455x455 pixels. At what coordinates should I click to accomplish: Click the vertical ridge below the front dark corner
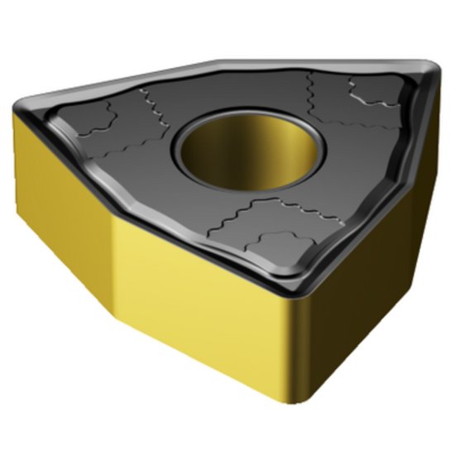click(291, 364)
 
